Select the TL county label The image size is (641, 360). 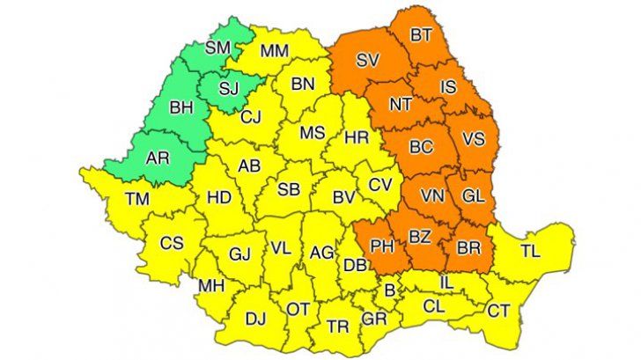(530, 252)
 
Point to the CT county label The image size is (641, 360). (498, 310)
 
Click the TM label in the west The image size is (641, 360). (136, 200)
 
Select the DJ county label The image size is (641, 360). (256, 320)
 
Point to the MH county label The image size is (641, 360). (210, 286)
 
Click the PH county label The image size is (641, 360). (383, 246)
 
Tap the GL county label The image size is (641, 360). (473, 195)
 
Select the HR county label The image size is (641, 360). (357, 138)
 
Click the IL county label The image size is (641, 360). (446, 283)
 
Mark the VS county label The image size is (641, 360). (475, 139)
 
